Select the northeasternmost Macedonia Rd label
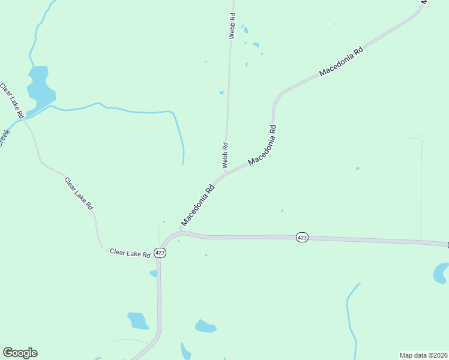coord(342,62)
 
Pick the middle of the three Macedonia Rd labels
coord(262,145)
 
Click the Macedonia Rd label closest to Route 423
coord(197,205)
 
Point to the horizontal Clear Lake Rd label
coord(130,253)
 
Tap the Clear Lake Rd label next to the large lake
coord(12,100)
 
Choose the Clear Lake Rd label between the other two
coord(79,193)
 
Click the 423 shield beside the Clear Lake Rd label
coord(160,253)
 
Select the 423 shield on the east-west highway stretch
coord(302,238)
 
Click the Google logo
coord(20,353)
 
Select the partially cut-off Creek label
coord(5,138)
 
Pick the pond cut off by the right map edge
coord(441,273)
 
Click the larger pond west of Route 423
coord(138,320)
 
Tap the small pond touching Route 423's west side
coord(154,274)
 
